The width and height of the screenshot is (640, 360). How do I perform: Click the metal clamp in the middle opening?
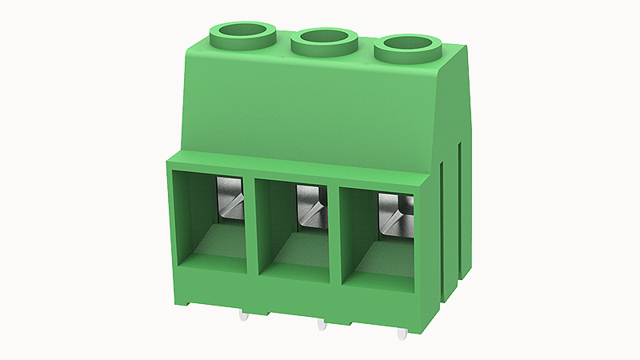(310, 203)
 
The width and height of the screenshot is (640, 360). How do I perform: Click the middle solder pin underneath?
(322, 325)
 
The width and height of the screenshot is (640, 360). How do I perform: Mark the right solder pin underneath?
(403, 330)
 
